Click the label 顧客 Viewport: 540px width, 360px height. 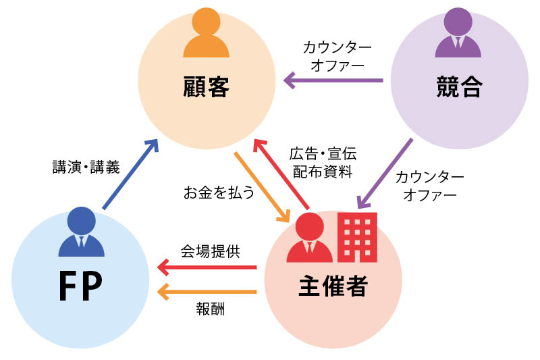click(206, 87)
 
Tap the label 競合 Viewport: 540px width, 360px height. click(458, 87)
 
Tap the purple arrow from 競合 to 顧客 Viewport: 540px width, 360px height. click(333, 81)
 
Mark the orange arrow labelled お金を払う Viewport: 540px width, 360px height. click(262, 187)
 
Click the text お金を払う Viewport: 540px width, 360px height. click(219, 192)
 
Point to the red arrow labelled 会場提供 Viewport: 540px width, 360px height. click(207, 267)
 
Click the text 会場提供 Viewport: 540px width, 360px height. click(210, 251)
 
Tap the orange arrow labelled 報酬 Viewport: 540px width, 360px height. click(207, 292)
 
